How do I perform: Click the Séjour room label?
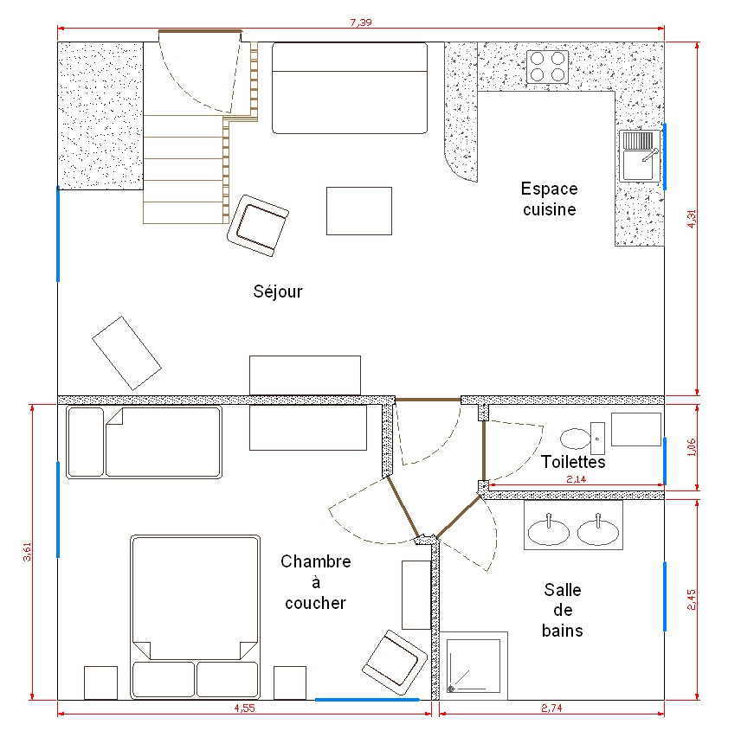(x=278, y=292)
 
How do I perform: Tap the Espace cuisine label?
(x=549, y=199)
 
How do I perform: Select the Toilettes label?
(x=573, y=462)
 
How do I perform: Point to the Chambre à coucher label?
(x=315, y=582)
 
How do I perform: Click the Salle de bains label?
(x=562, y=610)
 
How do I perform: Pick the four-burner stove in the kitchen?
(x=548, y=67)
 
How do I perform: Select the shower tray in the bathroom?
(x=474, y=666)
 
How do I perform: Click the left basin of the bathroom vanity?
(x=549, y=530)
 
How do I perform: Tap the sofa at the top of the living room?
(x=350, y=88)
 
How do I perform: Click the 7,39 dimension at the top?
(x=361, y=22)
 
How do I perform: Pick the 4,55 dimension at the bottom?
(x=244, y=707)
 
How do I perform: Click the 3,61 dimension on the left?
(x=27, y=552)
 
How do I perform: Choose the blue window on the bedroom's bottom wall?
(x=367, y=698)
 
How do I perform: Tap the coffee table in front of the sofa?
(x=358, y=210)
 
